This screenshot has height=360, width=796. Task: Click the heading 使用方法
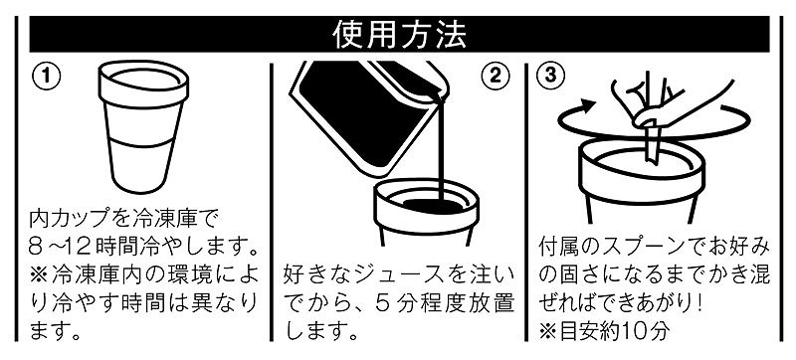pyautogui.click(x=399, y=34)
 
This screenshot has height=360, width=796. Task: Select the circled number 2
pyautogui.click(x=494, y=76)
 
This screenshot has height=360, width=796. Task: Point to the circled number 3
pyautogui.click(x=550, y=76)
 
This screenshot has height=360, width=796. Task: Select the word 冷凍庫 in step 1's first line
pyautogui.click(x=152, y=220)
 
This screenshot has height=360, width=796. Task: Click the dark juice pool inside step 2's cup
pyautogui.click(x=428, y=206)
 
